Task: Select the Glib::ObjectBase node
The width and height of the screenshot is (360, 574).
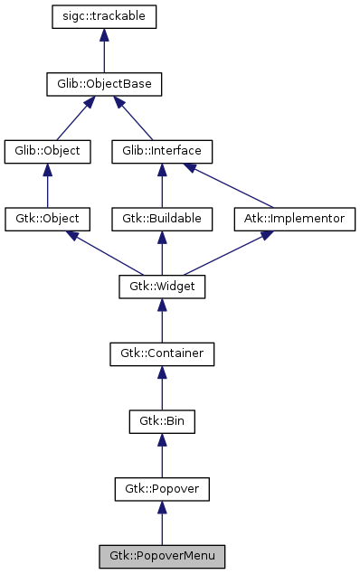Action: point(105,85)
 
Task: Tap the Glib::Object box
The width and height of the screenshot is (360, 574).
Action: point(48,151)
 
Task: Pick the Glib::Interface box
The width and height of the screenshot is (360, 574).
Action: point(162,151)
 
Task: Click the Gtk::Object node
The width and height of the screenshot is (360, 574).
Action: point(48,219)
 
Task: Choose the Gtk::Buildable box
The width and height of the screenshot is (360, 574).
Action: point(162,219)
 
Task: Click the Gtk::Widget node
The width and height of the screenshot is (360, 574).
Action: point(162,287)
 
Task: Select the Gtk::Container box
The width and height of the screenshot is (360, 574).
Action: point(162,353)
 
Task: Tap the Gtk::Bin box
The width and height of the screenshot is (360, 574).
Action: point(162,421)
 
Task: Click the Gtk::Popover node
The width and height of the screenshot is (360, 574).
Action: point(162,489)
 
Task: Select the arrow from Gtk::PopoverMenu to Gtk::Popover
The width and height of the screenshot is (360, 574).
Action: point(162,522)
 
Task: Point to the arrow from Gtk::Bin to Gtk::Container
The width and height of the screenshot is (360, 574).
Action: point(162,388)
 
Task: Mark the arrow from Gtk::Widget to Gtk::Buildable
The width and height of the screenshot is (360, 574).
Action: point(162,253)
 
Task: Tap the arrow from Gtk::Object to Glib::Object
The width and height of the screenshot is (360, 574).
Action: point(48,185)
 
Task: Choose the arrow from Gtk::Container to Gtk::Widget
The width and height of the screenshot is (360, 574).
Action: point(162,320)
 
